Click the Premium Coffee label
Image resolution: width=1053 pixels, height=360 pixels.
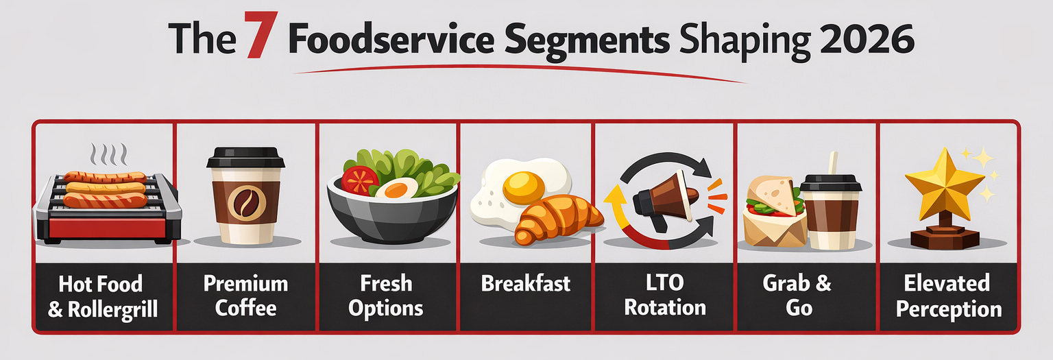(245, 296)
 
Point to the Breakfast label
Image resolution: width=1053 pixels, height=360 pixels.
(525, 284)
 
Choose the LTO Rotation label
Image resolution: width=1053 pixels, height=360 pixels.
(665, 296)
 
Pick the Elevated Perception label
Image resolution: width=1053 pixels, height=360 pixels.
(947, 296)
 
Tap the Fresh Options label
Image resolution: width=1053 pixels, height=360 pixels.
(386, 296)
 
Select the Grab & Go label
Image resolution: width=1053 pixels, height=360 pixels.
(798, 296)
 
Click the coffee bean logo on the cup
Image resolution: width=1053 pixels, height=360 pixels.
(245, 203)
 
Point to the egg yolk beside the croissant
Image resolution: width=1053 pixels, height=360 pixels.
(524, 185)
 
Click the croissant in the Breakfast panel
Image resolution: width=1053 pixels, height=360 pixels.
(557, 218)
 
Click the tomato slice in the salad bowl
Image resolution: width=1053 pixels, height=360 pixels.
(360, 180)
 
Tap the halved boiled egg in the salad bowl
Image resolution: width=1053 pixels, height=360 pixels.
(396, 189)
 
